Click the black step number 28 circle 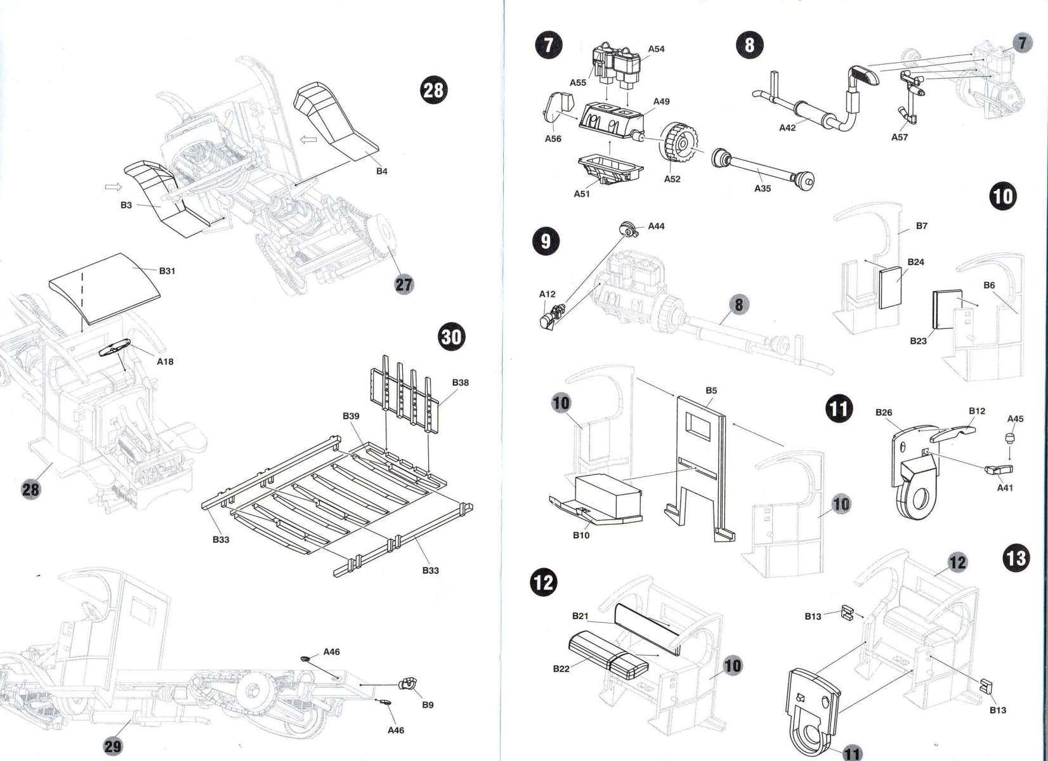pos(433,91)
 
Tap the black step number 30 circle pos(451,335)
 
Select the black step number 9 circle pos(546,240)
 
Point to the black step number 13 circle pos(1016,558)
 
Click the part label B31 pos(167,271)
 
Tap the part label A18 pos(165,361)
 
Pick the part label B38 pos(461,382)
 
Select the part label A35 pos(763,188)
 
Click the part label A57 pos(900,137)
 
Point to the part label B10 pos(580,535)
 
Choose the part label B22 pos(561,668)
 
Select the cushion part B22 pos(608,655)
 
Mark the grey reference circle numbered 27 pos(403,285)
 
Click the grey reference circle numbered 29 pos(113,746)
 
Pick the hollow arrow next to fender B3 pos(112,187)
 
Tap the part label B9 pos(428,705)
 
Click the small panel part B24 pos(892,287)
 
